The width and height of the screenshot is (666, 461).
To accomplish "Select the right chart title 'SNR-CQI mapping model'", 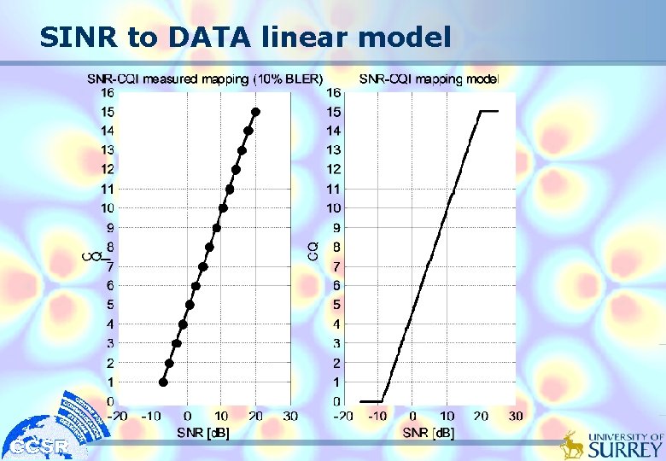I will (x=429, y=79).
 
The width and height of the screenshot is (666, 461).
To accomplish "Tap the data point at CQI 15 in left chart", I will (x=255, y=112).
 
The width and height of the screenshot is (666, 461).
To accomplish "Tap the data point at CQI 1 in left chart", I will (x=163, y=382).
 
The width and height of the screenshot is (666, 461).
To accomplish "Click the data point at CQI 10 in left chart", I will (x=223, y=208).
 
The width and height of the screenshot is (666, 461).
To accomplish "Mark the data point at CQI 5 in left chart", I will (x=190, y=305).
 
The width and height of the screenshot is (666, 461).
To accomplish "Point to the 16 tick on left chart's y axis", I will (x=108, y=92).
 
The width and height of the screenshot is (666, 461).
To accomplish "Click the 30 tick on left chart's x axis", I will (x=290, y=416).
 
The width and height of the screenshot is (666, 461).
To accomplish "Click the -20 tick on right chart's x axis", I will (x=342, y=416).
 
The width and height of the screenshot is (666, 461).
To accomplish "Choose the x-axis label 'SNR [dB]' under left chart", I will (x=203, y=433).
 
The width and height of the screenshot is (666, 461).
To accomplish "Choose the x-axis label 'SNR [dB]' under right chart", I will (x=429, y=433).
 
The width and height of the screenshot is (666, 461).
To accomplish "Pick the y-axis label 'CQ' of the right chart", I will (x=313, y=249).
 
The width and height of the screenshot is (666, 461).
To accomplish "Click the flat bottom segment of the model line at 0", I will (x=371, y=401).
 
